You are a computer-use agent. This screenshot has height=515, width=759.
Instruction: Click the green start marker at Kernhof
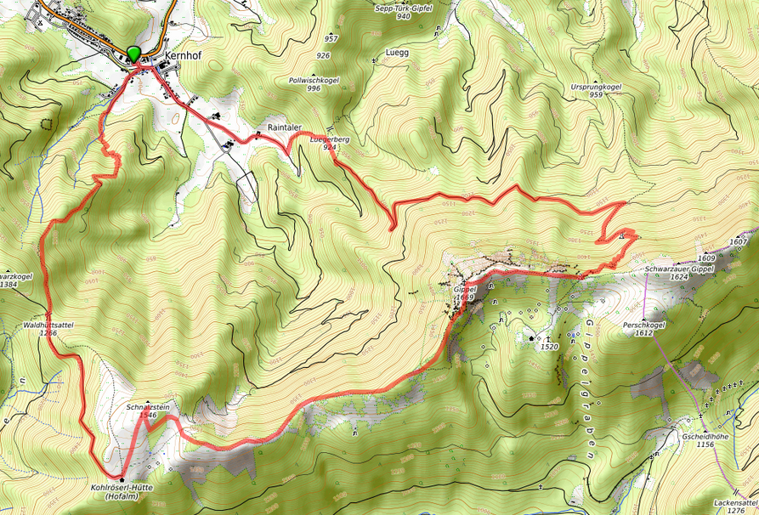[x=133, y=54]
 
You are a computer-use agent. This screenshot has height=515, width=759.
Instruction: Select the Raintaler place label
[x=285, y=127]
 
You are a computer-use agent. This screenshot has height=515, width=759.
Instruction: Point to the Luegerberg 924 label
[x=331, y=142]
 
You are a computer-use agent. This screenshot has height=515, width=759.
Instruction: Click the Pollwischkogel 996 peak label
[x=314, y=83]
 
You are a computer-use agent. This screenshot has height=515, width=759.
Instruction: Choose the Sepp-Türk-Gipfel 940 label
[x=403, y=11]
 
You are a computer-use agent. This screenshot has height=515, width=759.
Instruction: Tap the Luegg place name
[x=397, y=52]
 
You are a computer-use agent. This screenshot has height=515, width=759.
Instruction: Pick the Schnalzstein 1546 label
[x=148, y=410]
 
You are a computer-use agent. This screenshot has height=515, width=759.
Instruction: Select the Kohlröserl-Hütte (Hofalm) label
[x=121, y=492]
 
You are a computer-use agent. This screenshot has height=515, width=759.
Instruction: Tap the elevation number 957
[x=331, y=39]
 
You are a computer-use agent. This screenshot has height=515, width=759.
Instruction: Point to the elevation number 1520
[x=549, y=347]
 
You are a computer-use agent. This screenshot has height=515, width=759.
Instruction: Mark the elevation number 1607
[x=738, y=242]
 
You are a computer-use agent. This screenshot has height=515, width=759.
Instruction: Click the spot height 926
[x=323, y=55]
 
